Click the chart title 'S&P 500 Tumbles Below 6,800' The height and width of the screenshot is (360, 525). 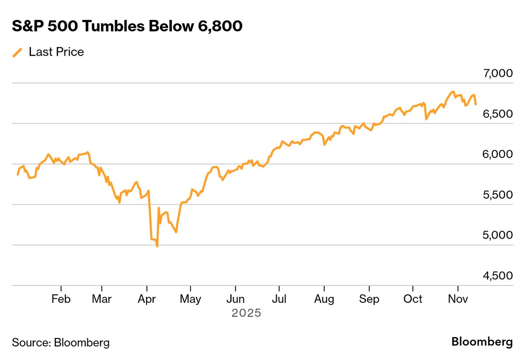click(127, 26)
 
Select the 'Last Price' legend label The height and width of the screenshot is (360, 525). click(56, 52)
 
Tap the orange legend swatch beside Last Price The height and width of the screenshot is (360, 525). click(18, 52)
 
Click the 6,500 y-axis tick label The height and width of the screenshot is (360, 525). click(497, 114)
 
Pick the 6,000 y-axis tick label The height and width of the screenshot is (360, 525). click(497, 154)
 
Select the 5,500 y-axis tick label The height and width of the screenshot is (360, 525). click(497, 195)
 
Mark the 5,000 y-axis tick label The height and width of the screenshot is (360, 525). click(497, 235)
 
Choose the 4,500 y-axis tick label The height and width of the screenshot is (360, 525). click(497, 276)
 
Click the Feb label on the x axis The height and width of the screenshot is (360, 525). click(61, 299)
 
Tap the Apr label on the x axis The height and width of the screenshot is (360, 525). click(146, 299)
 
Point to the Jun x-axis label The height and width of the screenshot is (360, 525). click(235, 299)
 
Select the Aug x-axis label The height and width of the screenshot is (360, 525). click(324, 299)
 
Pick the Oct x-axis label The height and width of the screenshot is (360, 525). click(413, 299)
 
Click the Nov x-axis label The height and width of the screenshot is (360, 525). click(458, 299)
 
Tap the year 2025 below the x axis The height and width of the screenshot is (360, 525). click(246, 314)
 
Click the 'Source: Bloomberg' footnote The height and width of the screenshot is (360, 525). click(61, 342)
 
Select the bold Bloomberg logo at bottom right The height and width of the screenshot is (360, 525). click(482, 342)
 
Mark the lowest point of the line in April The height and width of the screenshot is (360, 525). click(157, 246)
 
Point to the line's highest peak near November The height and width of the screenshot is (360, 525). click(453, 92)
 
